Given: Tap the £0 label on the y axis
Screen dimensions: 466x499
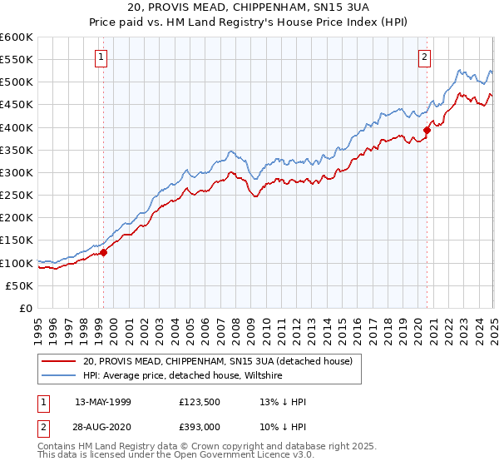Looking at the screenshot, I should coord(27,309).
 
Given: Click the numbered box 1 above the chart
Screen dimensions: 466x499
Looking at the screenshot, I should coord(101,57).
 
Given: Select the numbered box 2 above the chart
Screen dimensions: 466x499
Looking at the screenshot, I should coord(424,57).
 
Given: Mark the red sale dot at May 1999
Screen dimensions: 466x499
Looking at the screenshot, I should coord(104,252).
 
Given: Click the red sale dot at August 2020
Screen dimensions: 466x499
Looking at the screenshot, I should coord(427,130).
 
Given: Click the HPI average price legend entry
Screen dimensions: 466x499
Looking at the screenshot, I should coord(183,375).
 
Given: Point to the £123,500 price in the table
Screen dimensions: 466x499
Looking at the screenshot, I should coord(201,402).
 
